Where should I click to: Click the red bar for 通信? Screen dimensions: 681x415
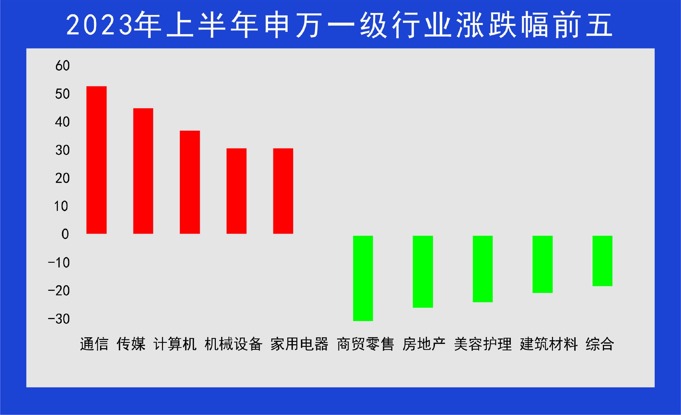point(96,160)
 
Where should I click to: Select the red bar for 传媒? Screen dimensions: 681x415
point(143,171)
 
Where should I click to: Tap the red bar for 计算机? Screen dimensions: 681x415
point(190,182)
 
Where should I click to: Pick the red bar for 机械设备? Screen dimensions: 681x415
point(236,191)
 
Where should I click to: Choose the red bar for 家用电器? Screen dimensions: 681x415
point(283,191)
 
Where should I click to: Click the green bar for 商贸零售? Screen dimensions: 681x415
point(363,278)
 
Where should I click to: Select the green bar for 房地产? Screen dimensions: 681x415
point(423,272)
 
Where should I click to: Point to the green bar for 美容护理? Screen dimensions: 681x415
point(482,269)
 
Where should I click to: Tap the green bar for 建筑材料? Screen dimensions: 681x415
point(542,264)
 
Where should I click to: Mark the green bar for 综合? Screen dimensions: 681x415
point(602,261)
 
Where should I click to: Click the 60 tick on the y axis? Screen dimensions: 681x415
point(63,66)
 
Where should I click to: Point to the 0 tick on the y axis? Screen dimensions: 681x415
point(65,234)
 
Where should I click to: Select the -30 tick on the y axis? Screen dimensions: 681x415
point(59,319)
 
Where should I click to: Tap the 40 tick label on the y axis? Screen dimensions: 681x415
point(63,122)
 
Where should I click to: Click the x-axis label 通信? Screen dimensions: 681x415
point(94,344)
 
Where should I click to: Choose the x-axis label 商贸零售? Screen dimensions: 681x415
point(365,344)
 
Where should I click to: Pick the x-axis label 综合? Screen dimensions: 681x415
point(600,344)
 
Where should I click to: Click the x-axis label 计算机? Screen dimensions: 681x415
point(175,344)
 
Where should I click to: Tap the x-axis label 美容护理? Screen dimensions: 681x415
point(483,344)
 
